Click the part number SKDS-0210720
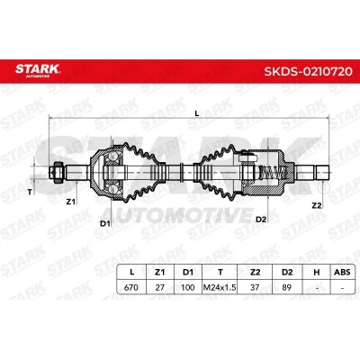tap(308, 71)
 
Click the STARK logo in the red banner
tap(38, 70)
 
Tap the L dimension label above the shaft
tap(197, 113)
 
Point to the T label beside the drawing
tap(30, 193)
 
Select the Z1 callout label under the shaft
tap(70, 202)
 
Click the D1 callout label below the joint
tap(105, 223)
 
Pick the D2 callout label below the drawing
tap(261, 220)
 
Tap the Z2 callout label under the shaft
tap(317, 205)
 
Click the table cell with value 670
tap(131, 287)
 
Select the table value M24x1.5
tap(220, 287)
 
